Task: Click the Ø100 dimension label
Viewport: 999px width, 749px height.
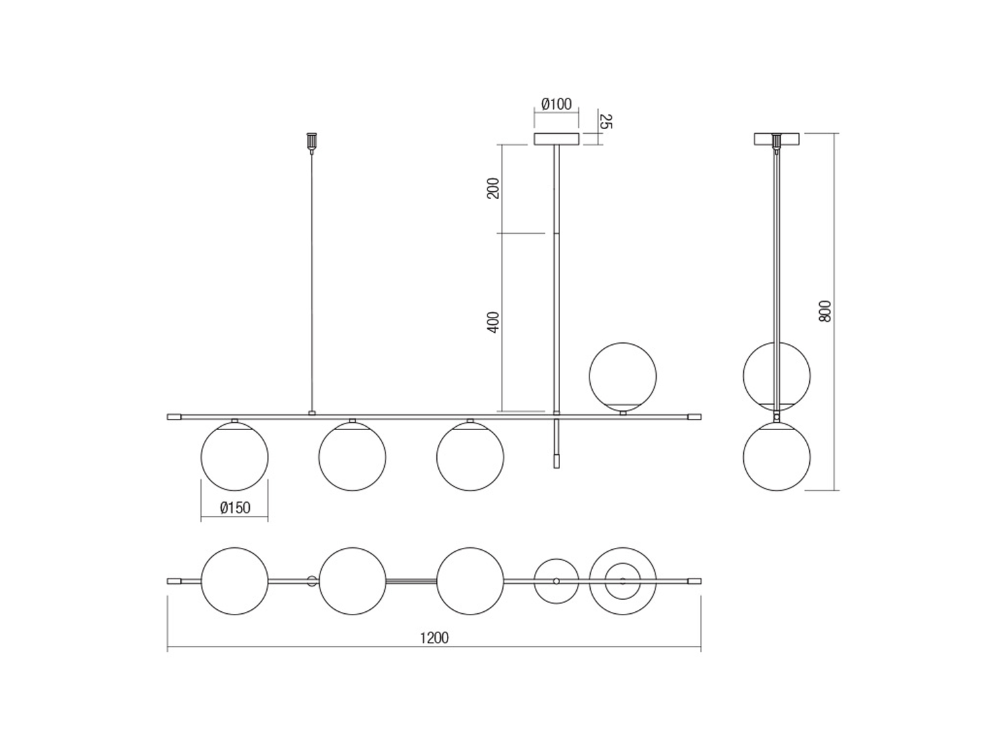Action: (556, 105)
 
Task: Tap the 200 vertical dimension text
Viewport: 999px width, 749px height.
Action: (493, 188)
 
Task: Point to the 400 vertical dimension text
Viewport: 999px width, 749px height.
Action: (493, 322)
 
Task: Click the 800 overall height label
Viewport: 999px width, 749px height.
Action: (825, 311)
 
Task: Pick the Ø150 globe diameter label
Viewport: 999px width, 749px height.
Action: (235, 507)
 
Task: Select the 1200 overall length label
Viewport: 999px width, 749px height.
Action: (434, 638)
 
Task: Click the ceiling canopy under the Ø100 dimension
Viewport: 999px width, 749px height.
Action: (556, 138)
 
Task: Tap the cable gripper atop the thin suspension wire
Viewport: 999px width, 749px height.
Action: (312, 141)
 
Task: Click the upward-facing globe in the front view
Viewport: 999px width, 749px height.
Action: (623, 376)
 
